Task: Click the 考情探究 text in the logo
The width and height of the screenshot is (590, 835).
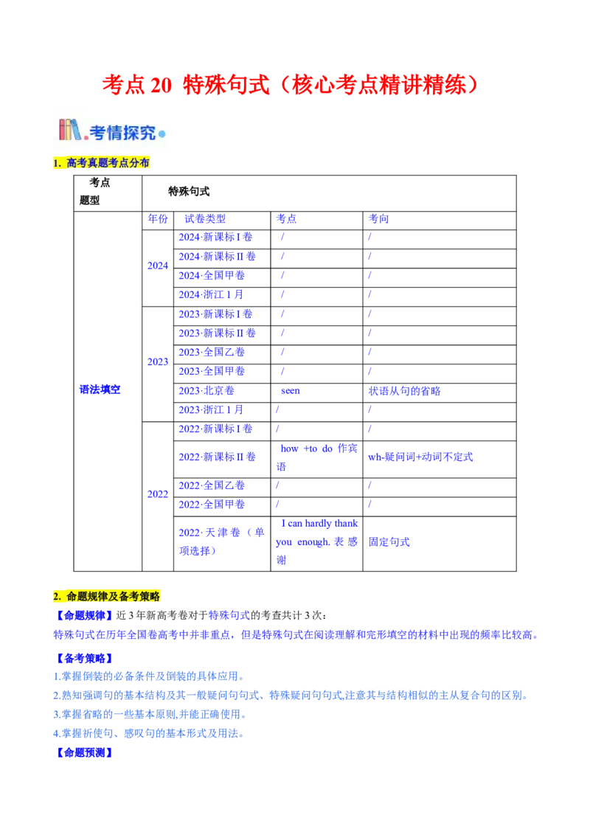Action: click(x=122, y=133)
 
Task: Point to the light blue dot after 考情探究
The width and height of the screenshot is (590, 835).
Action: click(x=162, y=134)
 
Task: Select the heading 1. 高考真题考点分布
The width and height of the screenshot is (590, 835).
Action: click(x=103, y=163)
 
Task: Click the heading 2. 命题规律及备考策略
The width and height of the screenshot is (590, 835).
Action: click(x=108, y=595)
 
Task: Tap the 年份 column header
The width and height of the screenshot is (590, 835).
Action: click(x=158, y=218)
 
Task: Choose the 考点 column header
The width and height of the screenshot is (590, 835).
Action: click(x=286, y=218)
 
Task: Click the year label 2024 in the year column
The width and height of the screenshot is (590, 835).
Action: click(x=158, y=265)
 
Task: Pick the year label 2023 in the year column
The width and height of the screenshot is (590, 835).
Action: click(x=158, y=361)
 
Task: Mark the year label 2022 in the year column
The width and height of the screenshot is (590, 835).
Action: click(x=158, y=495)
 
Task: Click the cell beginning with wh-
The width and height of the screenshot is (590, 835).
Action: click(x=421, y=457)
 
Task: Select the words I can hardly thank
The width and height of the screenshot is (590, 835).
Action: click(x=319, y=523)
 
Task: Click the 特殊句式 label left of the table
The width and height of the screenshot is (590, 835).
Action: click(x=100, y=389)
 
